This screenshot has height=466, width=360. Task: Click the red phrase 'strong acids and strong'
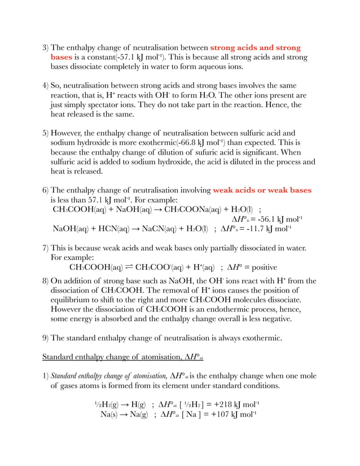pyautogui.click(x=255, y=47)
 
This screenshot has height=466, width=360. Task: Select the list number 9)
pyautogui.click(x=46, y=338)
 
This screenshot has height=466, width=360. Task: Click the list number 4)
pyautogui.click(x=46, y=86)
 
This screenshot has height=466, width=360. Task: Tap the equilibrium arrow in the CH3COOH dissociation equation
pyautogui.click(x=129, y=267)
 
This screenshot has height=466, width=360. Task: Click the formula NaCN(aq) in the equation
pyautogui.click(x=142, y=229)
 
